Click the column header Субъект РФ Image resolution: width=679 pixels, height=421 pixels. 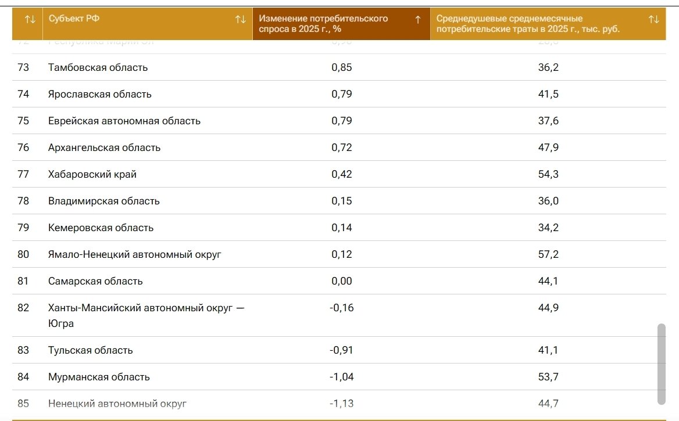point(74,19)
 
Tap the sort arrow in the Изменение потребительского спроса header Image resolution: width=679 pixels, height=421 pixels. point(417,19)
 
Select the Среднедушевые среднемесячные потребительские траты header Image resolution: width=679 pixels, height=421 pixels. point(528,23)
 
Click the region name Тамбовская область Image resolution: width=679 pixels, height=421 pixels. point(98,67)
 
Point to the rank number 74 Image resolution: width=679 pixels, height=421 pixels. point(23,94)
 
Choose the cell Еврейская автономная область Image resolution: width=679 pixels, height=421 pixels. point(124,121)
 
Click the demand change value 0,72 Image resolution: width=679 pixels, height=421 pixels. point(342,147)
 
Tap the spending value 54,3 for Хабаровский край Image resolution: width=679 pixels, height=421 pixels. point(548,174)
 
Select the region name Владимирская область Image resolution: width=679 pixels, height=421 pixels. point(103,201)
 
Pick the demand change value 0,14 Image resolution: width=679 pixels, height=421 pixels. point(342,228)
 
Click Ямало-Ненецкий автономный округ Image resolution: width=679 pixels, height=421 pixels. point(134,254)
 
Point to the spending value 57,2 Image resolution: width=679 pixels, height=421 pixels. point(548,254)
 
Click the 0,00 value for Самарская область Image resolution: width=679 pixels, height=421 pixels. point(342,281)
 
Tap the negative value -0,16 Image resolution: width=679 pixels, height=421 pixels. point(341,308)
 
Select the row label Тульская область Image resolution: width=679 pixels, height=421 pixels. point(90,350)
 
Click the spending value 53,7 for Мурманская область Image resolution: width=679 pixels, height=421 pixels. point(548,377)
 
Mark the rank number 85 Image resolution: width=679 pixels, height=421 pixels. point(23,404)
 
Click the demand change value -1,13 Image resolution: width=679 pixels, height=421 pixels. point(341,404)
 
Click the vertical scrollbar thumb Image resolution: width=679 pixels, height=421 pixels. point(661,364)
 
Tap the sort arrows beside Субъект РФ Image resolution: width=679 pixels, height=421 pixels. point(241,19)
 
